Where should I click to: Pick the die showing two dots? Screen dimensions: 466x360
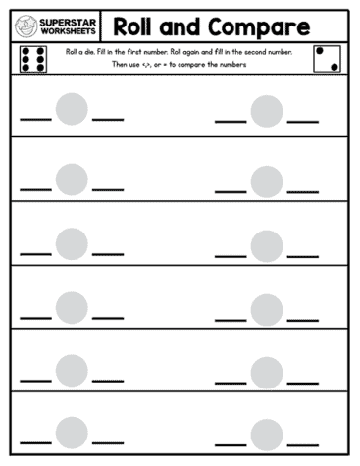tap(327, 58)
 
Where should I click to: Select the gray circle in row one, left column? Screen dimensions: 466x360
tap(72, 107)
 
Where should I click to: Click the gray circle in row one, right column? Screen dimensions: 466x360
tap(266, 110)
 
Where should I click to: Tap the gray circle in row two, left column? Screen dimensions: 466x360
tap(72, 179)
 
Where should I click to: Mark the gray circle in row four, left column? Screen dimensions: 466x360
tap(72, 306)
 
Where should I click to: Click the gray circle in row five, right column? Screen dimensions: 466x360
tap(266, 372)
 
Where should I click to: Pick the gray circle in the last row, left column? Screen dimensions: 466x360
tap(72, 433)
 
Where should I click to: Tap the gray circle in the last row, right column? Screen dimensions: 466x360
tap(266, 435)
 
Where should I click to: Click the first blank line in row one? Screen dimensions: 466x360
tap(35, 120)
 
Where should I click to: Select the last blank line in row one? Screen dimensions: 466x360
tap(303, 122)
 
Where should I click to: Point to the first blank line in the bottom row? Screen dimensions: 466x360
tap(35, 444)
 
